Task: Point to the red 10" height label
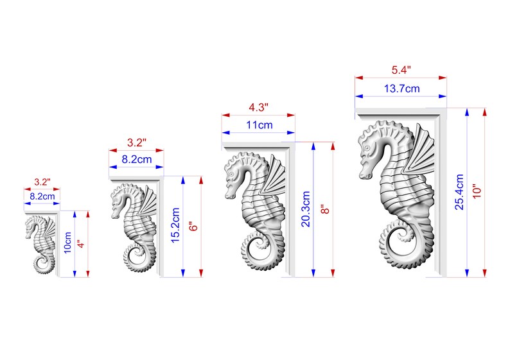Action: pyautogui.click(x=479, y=191)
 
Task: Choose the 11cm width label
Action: pyautogui.click(x=258, y=125)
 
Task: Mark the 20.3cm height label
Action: pyautogui.click(x=306, y=209)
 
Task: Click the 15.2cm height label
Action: pyautogui.click(x=175, y=226)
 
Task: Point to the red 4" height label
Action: pyautogui.click(x=80, y=244)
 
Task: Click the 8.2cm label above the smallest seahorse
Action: pyautogui.click(x=42, y=198)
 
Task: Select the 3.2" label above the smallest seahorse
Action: pyautogui.click(x=42, y=182)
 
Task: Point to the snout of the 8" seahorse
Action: pyautogui.click(x=230, y=191)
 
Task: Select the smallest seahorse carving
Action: pyautogui.click(x=41, y=244)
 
